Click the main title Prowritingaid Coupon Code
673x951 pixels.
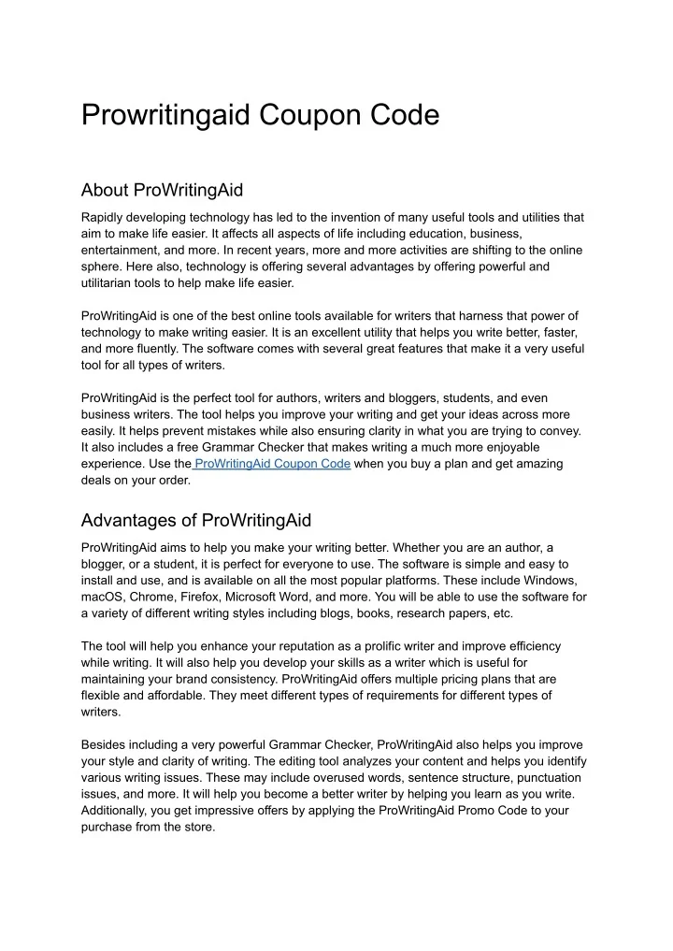260,115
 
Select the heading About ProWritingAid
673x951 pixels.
162,190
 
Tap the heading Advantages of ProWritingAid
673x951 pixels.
196,520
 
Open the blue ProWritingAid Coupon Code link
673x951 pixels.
272,464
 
